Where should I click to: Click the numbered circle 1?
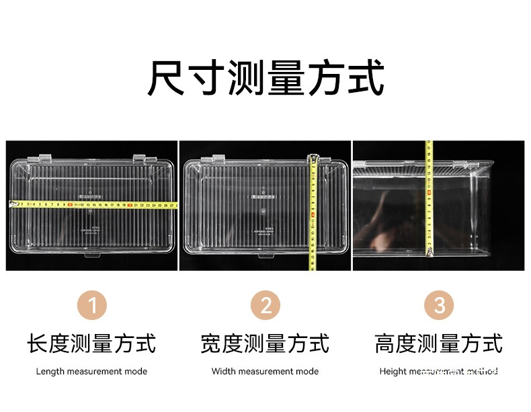click(92, 306)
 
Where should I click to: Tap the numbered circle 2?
click(265, 306)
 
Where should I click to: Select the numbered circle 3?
click(439, 306)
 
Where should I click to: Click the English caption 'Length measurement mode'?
click(91, 371)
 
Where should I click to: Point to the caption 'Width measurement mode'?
click(265, 371)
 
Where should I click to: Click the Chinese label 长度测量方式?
click(91, 343)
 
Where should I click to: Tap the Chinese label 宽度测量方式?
click(265, 343)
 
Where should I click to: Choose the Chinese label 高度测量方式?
click(439, 343)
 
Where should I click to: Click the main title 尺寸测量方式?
click(265, 78)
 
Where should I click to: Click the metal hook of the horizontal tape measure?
click(10, 204)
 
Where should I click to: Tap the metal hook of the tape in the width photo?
click(313, 159)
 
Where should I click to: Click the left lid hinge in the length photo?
click(45, 159)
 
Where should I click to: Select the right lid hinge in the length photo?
click(140, 159)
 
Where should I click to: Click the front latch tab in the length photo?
click(91, 255)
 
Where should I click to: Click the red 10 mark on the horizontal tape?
click(71, 204)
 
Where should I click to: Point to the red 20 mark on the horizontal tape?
click(128, 204)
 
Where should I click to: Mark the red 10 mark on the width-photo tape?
click(313, 216)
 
